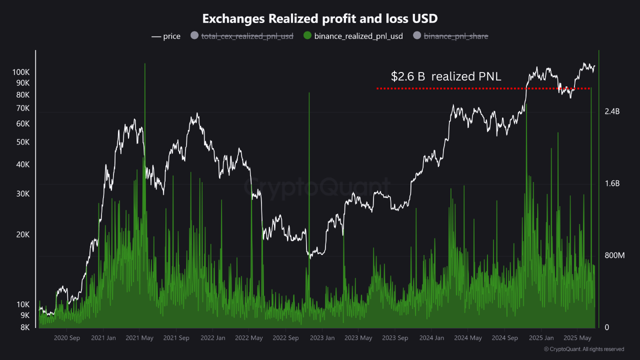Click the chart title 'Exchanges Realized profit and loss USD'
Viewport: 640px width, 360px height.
320,19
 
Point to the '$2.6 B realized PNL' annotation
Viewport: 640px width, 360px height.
446,76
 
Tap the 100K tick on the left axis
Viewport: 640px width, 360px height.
21,72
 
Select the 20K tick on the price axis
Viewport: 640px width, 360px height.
23,234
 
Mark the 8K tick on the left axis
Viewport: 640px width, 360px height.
25,327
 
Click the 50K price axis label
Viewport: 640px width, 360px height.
23,142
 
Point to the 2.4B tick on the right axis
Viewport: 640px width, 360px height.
612,111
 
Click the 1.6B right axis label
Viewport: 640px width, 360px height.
612,183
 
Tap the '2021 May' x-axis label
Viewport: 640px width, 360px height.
139,338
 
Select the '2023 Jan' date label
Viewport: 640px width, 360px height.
322,338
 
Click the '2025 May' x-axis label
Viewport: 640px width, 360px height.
578,338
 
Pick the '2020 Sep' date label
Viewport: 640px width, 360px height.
66,338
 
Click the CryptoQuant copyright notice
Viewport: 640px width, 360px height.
583,349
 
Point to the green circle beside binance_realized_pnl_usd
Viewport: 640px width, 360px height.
307,36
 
